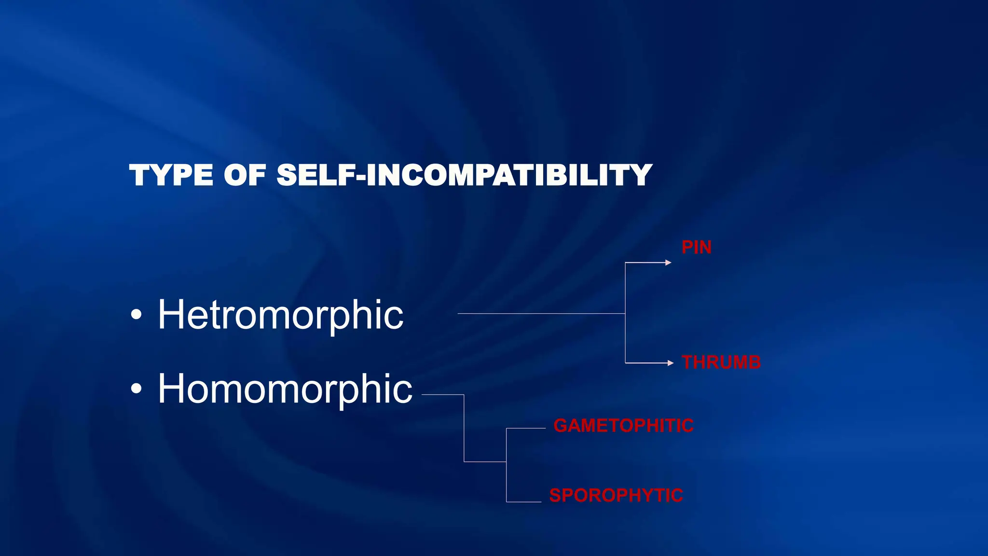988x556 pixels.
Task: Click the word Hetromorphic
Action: coord(280,315)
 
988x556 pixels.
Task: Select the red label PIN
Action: coord(696,247)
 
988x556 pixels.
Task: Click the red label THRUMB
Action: coord(721,362)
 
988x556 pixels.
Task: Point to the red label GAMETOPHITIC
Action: coord(623,426)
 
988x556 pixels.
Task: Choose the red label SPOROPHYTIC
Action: coord(616,495)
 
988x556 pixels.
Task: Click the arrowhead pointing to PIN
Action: coord(668,263)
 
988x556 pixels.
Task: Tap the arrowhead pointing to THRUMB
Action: coord(671,363)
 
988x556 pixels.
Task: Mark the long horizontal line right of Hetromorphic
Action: coord(540,314)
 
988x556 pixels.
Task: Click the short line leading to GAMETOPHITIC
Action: coord(526,428)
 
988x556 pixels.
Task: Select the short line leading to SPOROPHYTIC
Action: coord(523,502)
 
